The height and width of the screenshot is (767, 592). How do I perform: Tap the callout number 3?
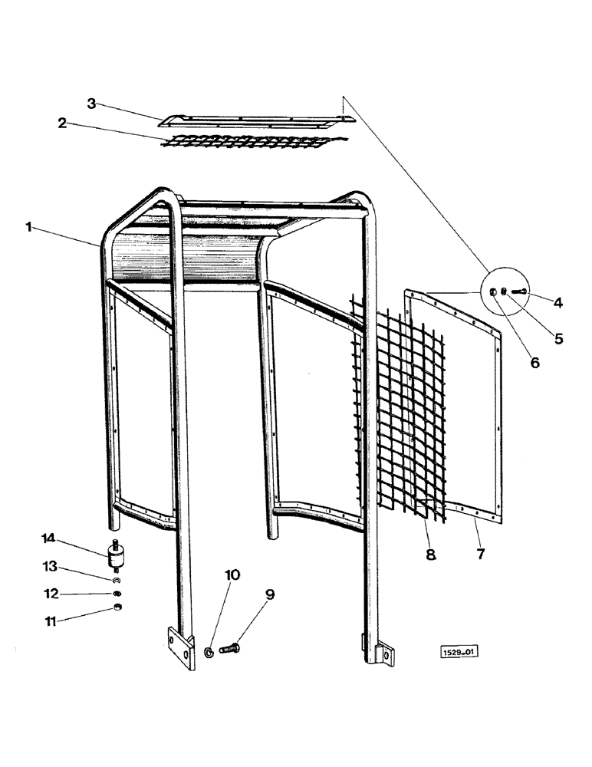[x=90, y=104]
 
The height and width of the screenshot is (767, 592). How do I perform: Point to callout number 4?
[x=558, y=302]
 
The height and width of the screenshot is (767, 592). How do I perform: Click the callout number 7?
[x=481, y=554]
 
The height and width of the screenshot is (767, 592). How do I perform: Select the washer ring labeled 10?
[x=208, y=653]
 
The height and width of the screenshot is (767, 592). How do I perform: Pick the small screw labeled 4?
[x=517, y=291]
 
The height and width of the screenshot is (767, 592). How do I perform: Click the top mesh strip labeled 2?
[x=253, y=141]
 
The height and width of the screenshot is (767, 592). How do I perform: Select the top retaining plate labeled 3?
[x=253, y=121]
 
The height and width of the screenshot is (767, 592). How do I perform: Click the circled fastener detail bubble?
[x=504, y=291]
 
